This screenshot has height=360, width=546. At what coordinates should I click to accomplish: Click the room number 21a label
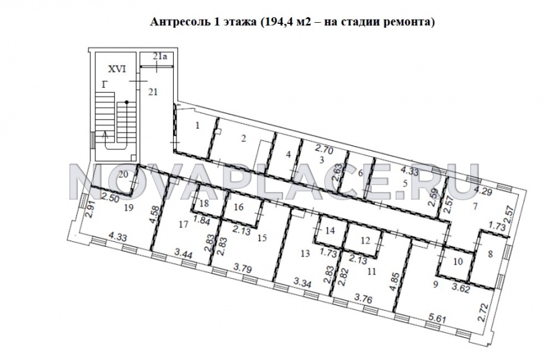pyautogui.click(x=161, y=57)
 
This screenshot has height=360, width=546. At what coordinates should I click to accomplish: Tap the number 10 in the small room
pyautogui.click(x=458, y=260)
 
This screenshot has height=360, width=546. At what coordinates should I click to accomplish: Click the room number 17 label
pyautogui.click(x=183, y=224)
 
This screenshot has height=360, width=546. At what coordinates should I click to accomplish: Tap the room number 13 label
pyautogui.click(x=305, y=253)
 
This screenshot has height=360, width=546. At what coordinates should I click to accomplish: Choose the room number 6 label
pyautogui.click(x=360, y=173)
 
